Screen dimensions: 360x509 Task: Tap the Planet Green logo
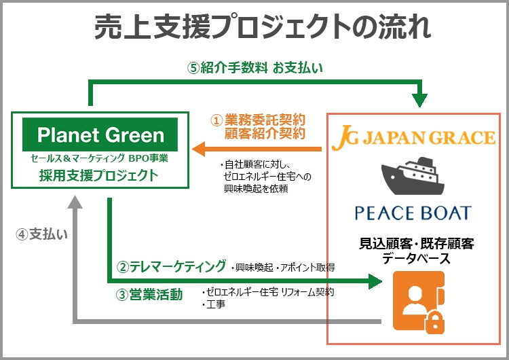tap(100, 134)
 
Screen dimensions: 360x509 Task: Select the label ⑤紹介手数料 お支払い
tap(254, 67)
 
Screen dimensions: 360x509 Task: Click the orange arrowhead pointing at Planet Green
tap(198, 148)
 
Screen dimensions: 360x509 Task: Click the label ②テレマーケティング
tap(172, 266)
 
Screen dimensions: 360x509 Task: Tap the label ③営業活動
tap(149, 293)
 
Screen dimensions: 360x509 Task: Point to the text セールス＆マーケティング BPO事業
tap(100, 159)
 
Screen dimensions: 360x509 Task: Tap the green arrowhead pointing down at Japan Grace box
tap(421, 99)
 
